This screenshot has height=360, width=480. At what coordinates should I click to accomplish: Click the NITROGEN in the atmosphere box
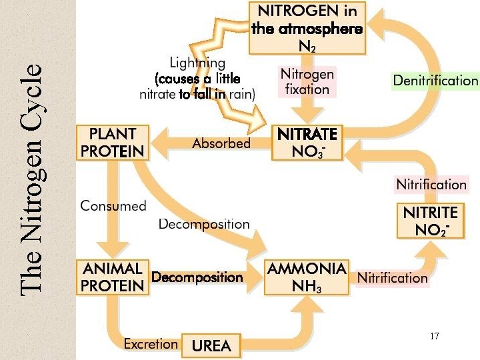click(307, 28)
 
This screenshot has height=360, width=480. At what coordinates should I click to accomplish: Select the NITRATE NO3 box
click(307, 143)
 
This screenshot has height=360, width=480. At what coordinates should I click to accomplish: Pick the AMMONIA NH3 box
click(307, 277)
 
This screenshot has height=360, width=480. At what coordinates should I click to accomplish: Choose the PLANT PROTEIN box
click(112, 143)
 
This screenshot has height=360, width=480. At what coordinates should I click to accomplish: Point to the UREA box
click(211, 346)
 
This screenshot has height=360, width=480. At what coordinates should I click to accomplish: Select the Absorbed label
click(221, 143)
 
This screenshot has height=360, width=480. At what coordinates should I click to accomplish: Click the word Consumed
click(113, 205)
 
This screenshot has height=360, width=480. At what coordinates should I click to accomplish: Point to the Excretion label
click(151, 344)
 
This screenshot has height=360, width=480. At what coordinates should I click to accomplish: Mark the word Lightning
click(197, 63)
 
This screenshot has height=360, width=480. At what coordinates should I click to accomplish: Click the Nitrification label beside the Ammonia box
click(392, 277)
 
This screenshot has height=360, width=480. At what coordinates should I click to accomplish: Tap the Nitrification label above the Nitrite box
click(431, 184)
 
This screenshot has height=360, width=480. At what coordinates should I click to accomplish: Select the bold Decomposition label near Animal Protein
click(197, 277)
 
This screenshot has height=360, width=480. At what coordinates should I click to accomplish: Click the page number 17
click(435, 337)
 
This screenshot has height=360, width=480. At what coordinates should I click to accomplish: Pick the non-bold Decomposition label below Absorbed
click(204, 224)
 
